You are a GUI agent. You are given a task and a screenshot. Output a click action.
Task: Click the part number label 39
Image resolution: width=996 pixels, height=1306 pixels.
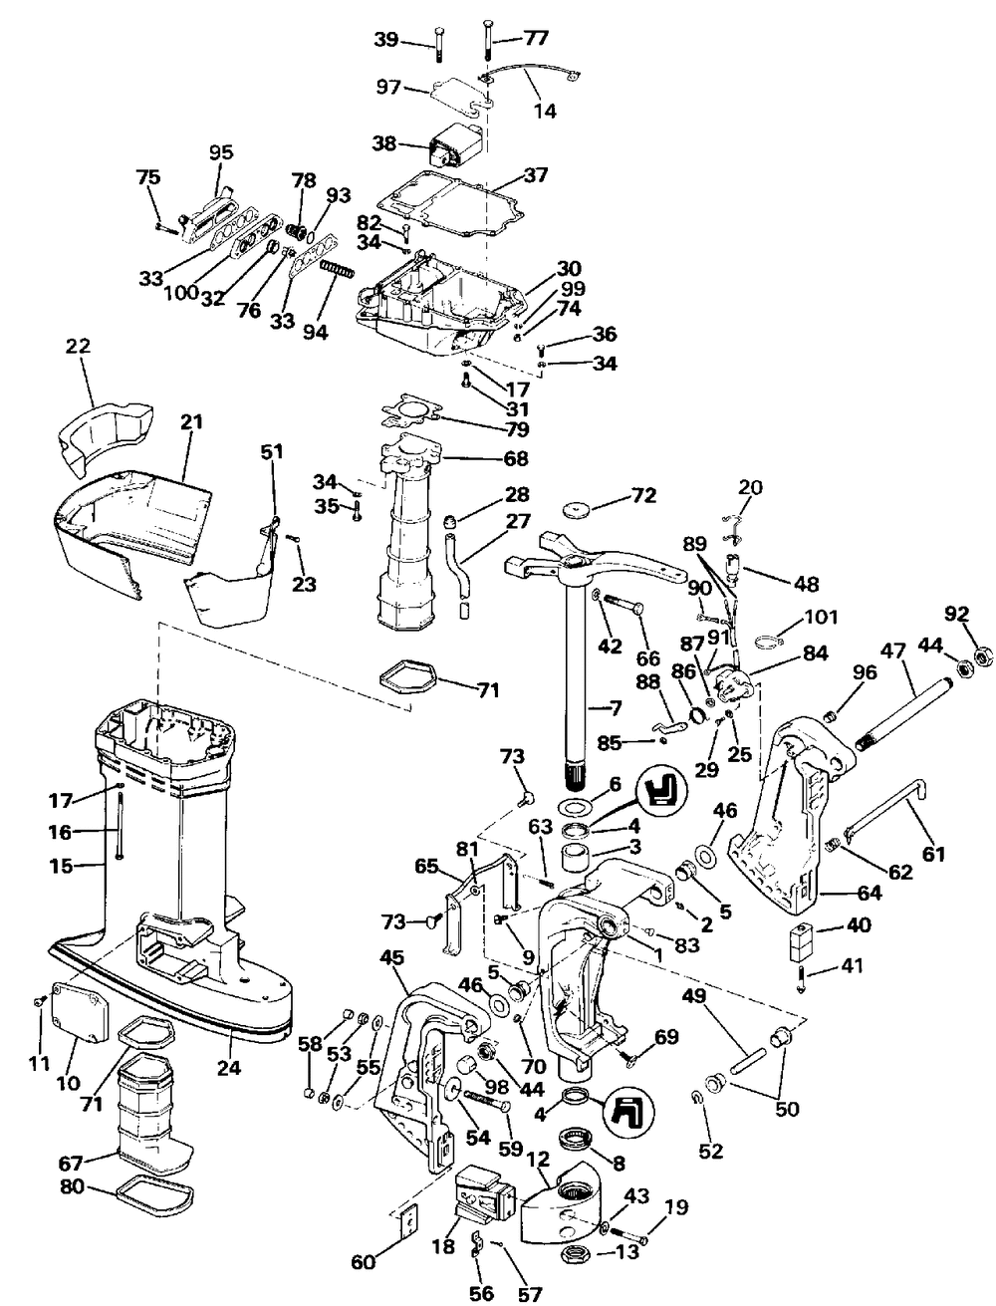[x=386, y=40]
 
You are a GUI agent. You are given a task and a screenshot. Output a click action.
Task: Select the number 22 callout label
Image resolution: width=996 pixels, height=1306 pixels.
[x=78, y=346]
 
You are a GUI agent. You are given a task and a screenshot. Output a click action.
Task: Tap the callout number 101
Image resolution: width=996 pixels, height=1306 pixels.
[x=820, y=617]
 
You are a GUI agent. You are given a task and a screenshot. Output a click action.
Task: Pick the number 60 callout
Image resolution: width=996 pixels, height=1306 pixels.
[x=364, y=1245]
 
